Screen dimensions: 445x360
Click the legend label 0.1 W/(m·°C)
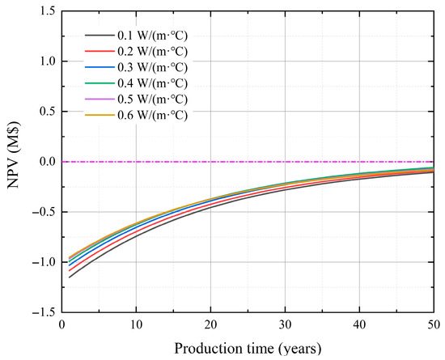(152, 36)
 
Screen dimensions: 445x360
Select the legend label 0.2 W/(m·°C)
(152, 52)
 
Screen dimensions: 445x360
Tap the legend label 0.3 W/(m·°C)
(152, 67)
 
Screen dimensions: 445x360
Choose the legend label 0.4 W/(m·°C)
(152, 83)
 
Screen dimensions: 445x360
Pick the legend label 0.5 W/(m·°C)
(152, 100)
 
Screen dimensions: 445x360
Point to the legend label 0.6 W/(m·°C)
(152, 115)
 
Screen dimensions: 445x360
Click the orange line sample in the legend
(100, 115)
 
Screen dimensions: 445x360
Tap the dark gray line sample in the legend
(100, 36)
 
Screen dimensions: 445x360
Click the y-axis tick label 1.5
(47, 11)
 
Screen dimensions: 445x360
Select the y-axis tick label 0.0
(47, 162)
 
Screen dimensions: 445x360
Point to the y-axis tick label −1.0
(44, 262)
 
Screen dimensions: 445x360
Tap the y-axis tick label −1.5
(44, 312)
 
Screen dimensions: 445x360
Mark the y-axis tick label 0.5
(47, 112)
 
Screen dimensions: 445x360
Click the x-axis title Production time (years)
(248, 349)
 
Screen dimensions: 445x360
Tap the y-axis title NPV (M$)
(15, 155)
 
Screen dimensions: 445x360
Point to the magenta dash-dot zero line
(248, 162)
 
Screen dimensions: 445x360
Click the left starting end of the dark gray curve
(69, 277)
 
